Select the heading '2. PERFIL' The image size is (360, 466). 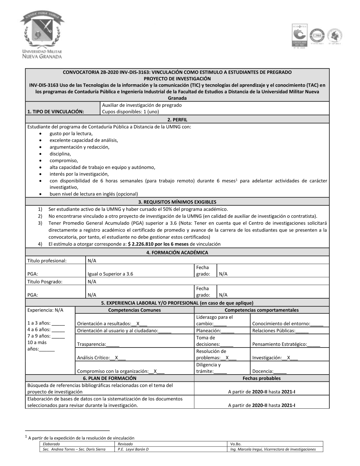(x=177, y=120)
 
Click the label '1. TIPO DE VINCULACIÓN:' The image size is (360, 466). (x=55, y=112)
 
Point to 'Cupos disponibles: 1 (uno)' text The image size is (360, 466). (x=130, y=112)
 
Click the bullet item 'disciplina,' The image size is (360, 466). (x=60, y=154)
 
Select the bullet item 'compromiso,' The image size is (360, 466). (x=64, y=161)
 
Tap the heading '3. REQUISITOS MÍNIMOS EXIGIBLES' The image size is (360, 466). (x=177, y=202)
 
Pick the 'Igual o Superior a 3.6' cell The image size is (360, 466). (x=110, y=274)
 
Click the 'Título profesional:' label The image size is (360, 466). (x=47, y=261)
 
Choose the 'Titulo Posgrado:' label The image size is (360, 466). (x=45, y=282)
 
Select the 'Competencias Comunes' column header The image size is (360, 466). (x=134, y=310)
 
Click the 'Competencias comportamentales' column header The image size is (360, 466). (x=261, y=310)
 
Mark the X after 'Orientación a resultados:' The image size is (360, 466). (x=138, y=324)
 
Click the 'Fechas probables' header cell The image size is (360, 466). (x=261, y=378)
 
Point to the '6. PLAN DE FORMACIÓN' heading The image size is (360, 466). (x=109, y=378)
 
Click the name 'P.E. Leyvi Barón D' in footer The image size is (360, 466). (x=133, y=449)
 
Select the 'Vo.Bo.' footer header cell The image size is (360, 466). (x=236, y=444)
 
